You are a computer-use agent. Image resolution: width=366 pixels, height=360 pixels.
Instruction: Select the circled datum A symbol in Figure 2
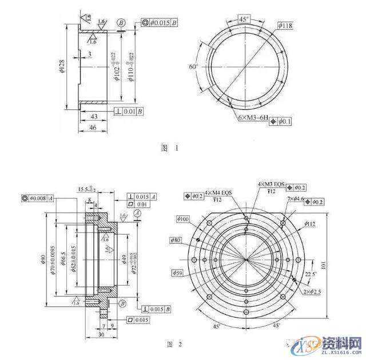[136, 212]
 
